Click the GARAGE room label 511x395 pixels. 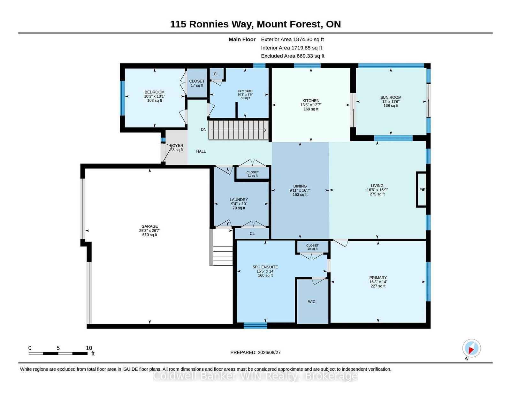click(149, 226)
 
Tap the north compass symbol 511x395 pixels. click(471, 348)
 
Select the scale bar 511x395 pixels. click(58, 353)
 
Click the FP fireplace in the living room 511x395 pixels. click(421, 189)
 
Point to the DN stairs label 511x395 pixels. click(204, 130)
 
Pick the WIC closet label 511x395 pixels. click(312, 302)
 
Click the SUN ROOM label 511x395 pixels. click(391, 97)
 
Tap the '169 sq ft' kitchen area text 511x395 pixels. click(311, 109)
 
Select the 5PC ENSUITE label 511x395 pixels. click(265, 267)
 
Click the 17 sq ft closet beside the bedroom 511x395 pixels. click(197, 83)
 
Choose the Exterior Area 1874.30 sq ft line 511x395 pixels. click(292, 40)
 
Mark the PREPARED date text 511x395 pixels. click(256, 353)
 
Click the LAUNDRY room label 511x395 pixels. click(239, 200)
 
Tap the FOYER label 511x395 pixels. click(176, 146)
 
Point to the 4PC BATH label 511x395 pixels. click(245, 91)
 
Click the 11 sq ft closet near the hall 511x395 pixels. click(253, 173)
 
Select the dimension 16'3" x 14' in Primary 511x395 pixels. click(378, 282)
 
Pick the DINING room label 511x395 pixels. click(300, 186)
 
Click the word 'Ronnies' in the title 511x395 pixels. click(209, 24)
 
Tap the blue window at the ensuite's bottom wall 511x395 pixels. click(255, 326)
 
